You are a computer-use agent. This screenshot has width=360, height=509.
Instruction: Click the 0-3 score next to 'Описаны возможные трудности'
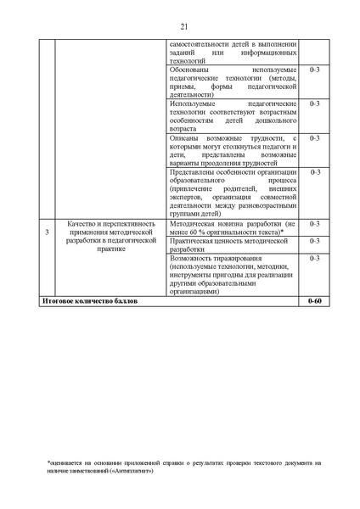click(314, 137)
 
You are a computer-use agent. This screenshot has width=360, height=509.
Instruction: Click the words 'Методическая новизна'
click(203, 223)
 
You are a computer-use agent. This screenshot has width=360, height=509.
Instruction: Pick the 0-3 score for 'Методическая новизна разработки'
click(314, 223)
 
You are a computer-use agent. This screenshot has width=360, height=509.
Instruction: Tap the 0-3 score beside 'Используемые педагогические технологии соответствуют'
click(314, 103)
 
